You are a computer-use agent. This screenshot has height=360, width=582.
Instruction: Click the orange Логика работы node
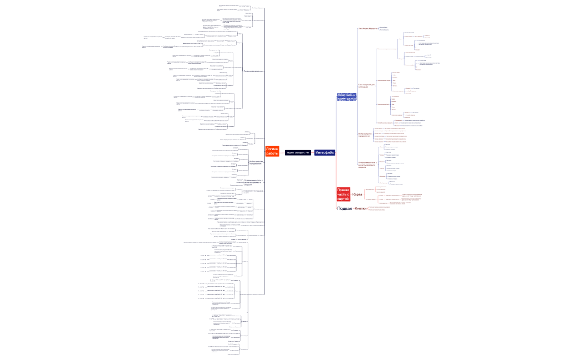point(272,151)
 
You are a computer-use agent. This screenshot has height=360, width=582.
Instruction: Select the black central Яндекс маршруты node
point(298,152)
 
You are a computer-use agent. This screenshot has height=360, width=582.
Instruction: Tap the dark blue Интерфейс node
point(324,152)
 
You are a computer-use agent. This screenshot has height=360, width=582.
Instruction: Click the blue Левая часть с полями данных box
point(346,96)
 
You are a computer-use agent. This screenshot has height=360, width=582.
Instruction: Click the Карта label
point(358,194)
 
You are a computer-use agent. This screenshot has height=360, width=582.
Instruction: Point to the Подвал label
point(345,209)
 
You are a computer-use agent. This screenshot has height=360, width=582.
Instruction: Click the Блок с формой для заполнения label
point(366,85)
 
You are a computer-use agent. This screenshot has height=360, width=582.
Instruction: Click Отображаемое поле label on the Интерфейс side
point(367,164)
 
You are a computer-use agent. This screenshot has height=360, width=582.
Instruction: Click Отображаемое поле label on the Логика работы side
point(252,182)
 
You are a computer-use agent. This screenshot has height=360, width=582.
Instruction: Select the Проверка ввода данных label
point(253,71)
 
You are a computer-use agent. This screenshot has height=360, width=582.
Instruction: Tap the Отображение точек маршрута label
point(252,192)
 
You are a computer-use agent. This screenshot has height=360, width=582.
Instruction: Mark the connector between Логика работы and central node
point(282,152)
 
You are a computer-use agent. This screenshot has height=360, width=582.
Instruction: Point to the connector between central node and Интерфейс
point(313,152)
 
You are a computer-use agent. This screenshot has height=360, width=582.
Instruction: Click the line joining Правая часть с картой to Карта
point(351,195)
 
